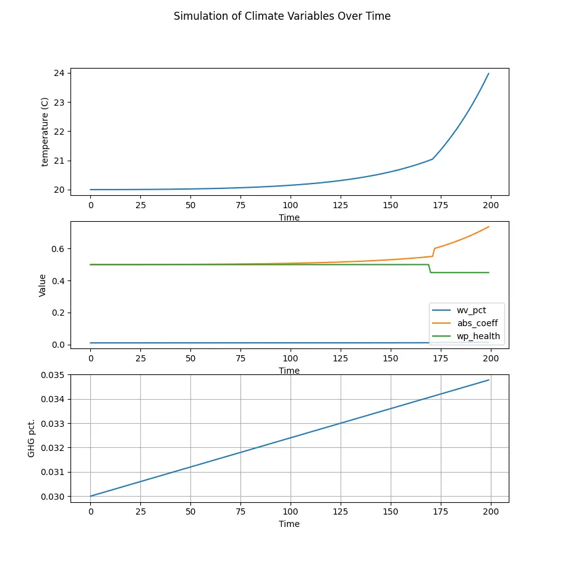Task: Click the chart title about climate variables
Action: [x=282, y=16]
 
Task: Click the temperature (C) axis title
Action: [x=45, y=132]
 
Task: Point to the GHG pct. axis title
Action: [x=32, y=436]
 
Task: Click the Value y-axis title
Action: [x=43, y=284]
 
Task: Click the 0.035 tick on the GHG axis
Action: [x=53, y=375]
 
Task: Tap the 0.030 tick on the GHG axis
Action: [x=53, y=496]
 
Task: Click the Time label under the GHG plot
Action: [x=289, y=524]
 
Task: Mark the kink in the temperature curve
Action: [x=433, y=159]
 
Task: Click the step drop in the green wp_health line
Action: [x=430, y=269]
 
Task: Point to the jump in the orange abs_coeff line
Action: [x=434, y=252]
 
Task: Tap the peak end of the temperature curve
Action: [x=488, y=74]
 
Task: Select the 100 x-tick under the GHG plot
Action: [x=290, y=512]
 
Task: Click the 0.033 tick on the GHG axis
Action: [x=53, y=423]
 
